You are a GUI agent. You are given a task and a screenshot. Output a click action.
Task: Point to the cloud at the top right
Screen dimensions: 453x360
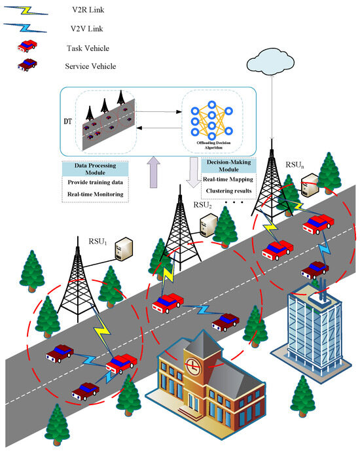(x=270, y=63)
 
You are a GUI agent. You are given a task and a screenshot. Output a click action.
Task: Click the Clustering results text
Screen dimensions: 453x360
(x=228, y=191)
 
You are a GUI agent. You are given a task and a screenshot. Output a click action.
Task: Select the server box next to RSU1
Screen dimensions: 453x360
(x=123, y=249)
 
